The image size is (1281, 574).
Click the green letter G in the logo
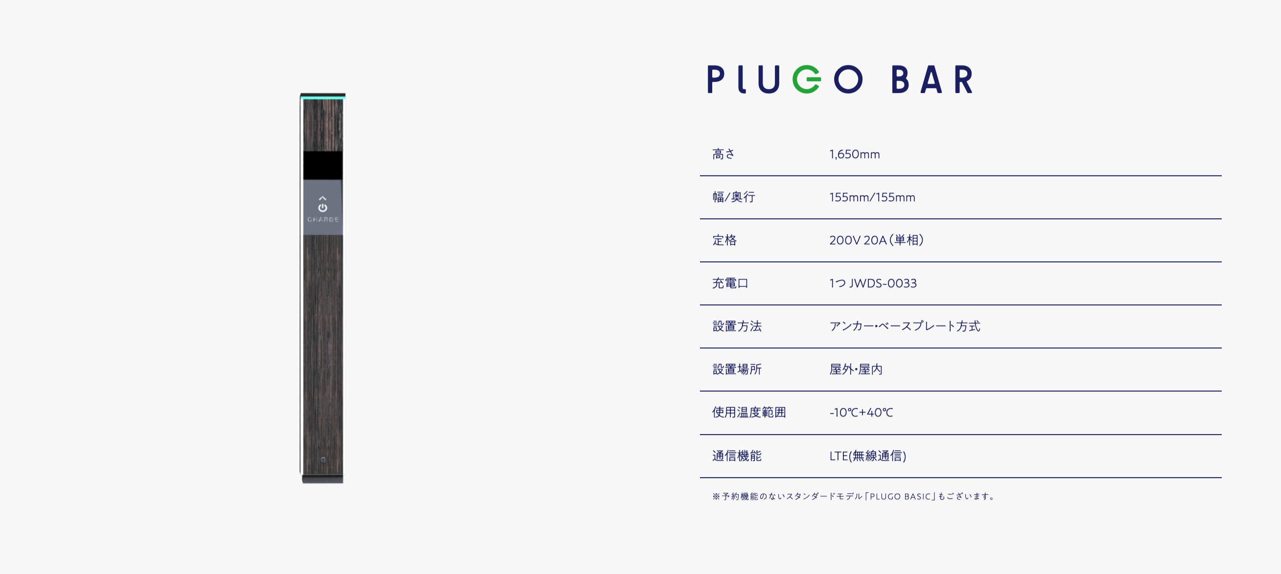pyautogui.click(x=806, y=79)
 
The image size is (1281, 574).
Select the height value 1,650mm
pyautogui.click(x=854, y=154)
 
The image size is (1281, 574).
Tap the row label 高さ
pyautogui.click(x=723, y=154)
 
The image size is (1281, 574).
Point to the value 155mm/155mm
pyautogui.click(x=872, y=197)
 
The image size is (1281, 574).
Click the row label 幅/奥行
pyautogui.click(x=733, y=197)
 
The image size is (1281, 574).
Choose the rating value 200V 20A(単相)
pyautogui.click(x=876, y=240)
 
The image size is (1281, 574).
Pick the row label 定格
pyautogui.click(x=724, y=240)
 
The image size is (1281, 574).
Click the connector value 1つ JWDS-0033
pyautogui.click(x=873, y=283)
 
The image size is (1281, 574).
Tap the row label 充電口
pyautogui.click(x=730, y=283)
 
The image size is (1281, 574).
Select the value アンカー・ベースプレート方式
pyautogui.click(x=905, y=326)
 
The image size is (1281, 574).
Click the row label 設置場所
pyautogui.click(x=737, y=369)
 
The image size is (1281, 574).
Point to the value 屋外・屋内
pyautogui.click(x=856, y=369)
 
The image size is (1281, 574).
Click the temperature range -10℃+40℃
pyautogui.click(x=861, y=413)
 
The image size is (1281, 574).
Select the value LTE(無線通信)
pyautogui.click(x=868, y=456)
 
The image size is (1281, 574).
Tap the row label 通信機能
pyautogui.click(x=737, y=456)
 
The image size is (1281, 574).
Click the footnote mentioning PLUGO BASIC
pyautogui.click(x=853, y=497)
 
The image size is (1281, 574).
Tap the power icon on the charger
pyautogui.click(x=323, y=207)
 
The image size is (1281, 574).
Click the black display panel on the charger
pyautogui.click(x=323, y=165)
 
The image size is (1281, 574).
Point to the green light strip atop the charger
pyautogui.click(x=323, y=98)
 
